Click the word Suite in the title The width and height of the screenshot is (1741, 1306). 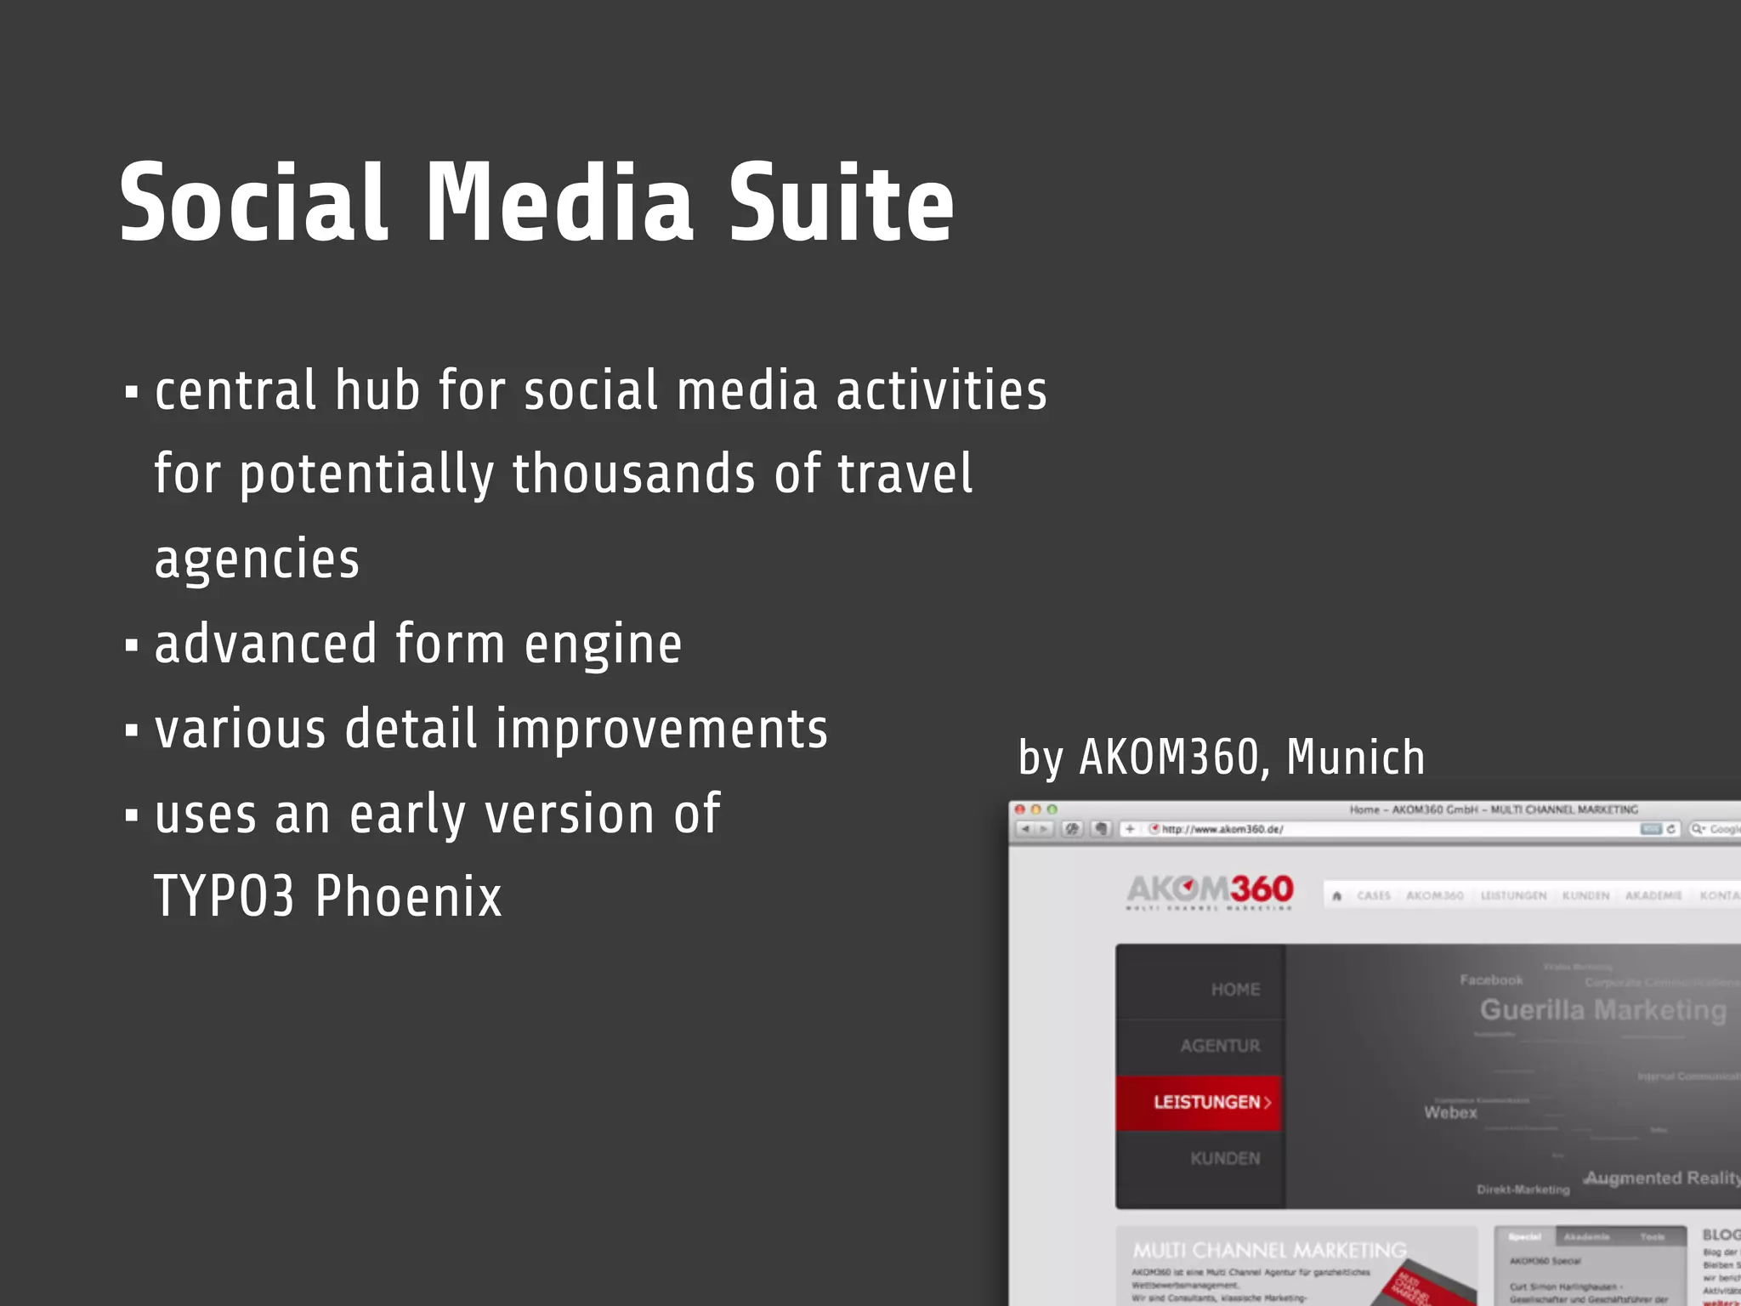pos(841,204)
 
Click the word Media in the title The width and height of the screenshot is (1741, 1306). pos(559,204)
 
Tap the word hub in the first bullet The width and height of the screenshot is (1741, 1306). pos(377,391)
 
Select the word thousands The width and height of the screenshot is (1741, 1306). pos(633,474)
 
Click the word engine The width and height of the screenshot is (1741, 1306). pos(603,644)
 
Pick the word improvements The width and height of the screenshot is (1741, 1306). pos(661,730)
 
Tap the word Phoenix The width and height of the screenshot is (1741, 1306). pos(409,896)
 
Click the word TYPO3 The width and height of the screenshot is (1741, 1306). pos(224,896)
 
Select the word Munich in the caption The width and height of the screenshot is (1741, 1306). pos(1355,757)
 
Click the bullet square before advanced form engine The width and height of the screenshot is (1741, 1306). pos(131,645)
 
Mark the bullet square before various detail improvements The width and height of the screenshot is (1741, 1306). pos(131,730)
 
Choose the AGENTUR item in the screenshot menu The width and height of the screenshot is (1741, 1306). pos(1220,1046)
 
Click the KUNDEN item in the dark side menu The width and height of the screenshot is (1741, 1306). pos(1225,1158)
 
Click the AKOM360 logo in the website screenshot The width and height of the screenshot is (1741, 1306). pos(1210,890)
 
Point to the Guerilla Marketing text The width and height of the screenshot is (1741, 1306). pos(1602,1010)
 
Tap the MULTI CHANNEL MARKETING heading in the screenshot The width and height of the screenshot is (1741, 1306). pos(1269,1250)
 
